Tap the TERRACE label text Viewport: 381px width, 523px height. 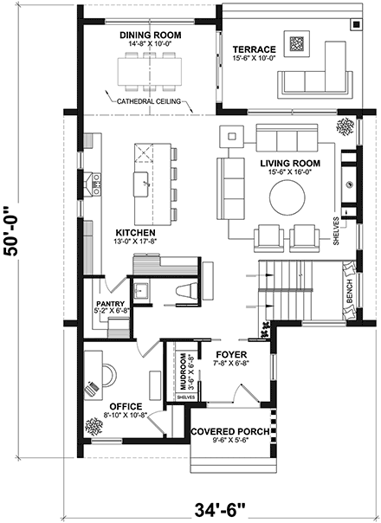[253, 49]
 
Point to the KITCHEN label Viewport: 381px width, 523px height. [136, 234]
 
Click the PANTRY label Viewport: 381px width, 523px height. [112, 304]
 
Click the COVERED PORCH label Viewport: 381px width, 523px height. [229, 430]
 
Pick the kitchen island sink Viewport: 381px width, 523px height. [141, 180]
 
